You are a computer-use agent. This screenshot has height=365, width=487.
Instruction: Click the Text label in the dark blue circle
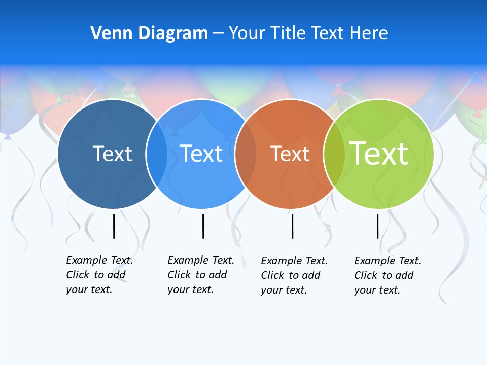pyautogui.click(x=112, y=154)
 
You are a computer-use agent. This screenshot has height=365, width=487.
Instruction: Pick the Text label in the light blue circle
pyautogui.click(x=201, y=154)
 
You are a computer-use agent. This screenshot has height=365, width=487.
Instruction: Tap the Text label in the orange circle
pyautogui.click(x=290, y=154)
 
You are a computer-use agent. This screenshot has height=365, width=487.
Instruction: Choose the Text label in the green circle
pyautogui.click(x=379, y=154)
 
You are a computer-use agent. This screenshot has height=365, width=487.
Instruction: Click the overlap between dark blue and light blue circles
pyautogui.click(x=157, y=154)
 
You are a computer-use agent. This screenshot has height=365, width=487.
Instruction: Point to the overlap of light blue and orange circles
pyautogui.click(x=246, y=154)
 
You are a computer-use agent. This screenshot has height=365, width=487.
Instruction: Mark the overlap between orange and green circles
pyautogui.click(x=334, y=154)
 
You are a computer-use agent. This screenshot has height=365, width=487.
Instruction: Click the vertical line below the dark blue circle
pyautogui.click(x=114, y=226)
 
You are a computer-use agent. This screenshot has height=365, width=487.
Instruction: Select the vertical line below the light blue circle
pyautogui.click(x=203, y=226)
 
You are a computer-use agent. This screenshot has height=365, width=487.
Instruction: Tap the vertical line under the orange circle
pyautogui.click(x=292, y=226)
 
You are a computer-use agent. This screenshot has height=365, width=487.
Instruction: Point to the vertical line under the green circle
pyautogui.click(x=378, y=226)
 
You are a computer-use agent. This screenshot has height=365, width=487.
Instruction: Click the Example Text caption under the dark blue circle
pyautogui.click(x=99, y=275)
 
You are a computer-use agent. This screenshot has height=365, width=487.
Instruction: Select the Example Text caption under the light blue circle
pyautogui.click(x=201, y=275)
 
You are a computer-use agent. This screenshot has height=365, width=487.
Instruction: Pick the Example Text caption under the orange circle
pyautogui.click(x=294, y=275)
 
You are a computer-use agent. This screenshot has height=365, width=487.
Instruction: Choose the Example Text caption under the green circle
pyautogui.click(x=388, y=275)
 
